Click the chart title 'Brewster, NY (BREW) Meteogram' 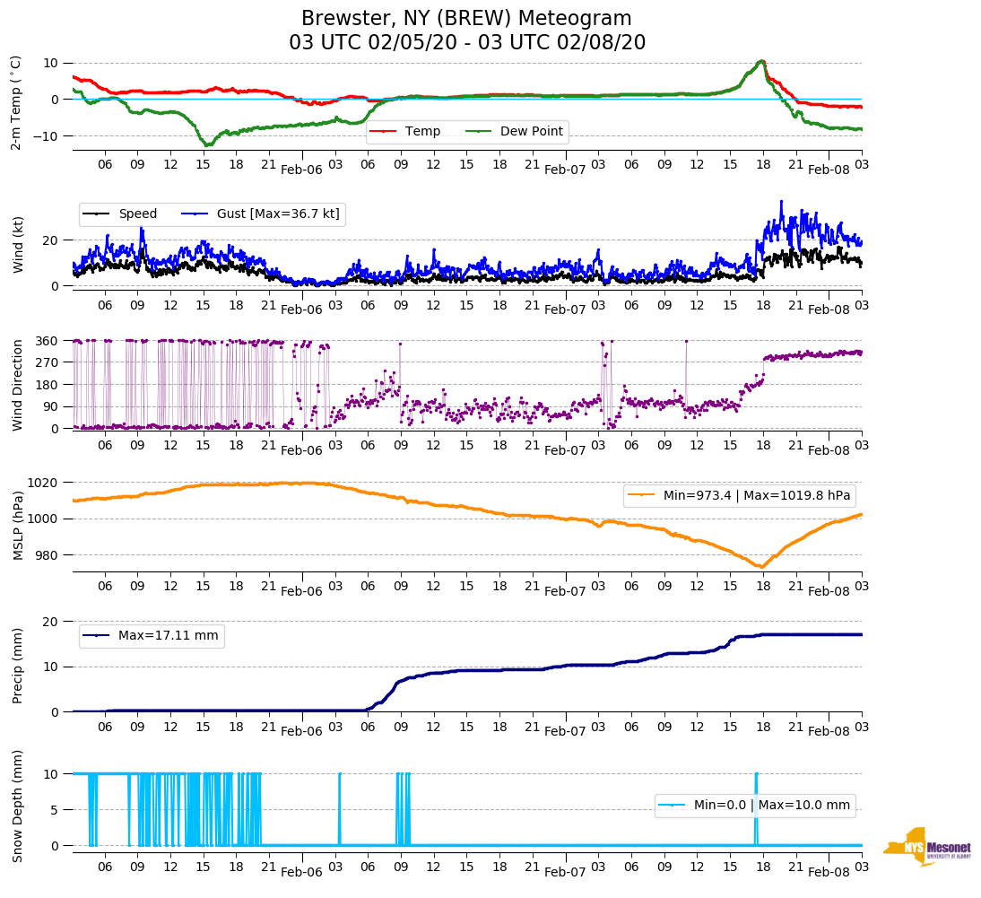(x=466, y=19)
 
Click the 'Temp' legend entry (x=422, y=132)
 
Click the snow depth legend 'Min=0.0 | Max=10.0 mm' (x=771, y=805)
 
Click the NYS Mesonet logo (x=927, y=846)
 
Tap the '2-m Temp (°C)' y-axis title (x=16, y=102)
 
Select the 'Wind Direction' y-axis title (x=16, y=385)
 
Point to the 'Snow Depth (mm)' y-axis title (x=16, y=806)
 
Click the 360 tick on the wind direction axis (x=48, y=341)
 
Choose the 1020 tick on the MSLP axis (x=44, y=483)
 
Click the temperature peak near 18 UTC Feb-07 (x=761, y=61)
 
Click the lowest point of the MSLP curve (x=761, y=567)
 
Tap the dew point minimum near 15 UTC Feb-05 (x=207, y=144)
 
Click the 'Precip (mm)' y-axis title (x=16, y=667)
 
